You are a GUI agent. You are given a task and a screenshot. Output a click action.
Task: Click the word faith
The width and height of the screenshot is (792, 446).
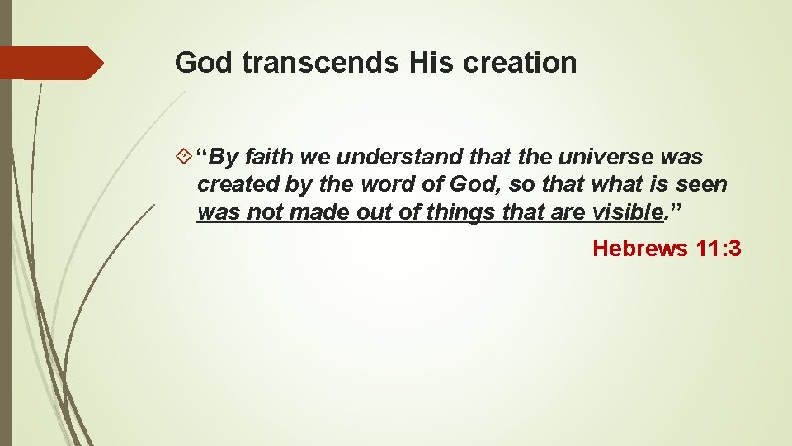pos(273,156)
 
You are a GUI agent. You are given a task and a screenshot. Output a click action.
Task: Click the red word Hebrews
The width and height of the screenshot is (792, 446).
pos(640,247)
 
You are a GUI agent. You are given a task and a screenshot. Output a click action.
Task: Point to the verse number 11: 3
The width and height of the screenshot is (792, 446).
pos(719,247)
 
